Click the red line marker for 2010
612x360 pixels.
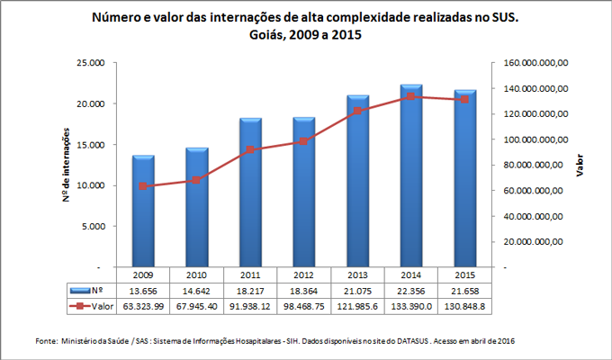click(x=197, y=180)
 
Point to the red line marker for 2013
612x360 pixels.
click(x=357, y=111)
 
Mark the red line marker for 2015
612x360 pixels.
click(x=464, y=99)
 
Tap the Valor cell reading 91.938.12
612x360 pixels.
click(x=250, y=308)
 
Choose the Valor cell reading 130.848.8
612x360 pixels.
click(x=464, y=308)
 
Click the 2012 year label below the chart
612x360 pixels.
click(x=304, y=274)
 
